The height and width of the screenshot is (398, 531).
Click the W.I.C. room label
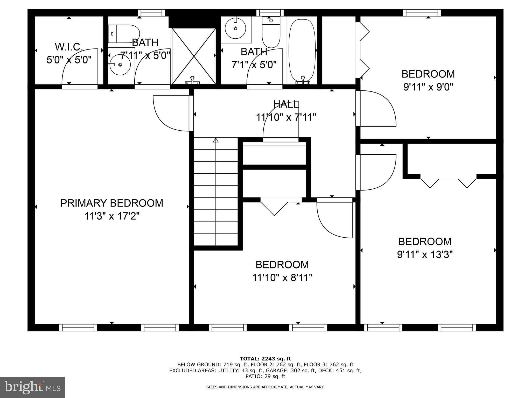click(69, 47)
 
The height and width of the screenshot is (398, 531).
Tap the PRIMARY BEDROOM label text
click(112, 203)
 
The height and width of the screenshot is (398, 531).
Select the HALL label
click(286, 104)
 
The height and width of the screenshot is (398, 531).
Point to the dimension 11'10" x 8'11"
click(282, 278)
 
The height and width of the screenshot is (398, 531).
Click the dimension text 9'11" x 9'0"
click(428, 87)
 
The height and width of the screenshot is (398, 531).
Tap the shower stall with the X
click(194, 56)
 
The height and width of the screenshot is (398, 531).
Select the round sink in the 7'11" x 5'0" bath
click(120, 65)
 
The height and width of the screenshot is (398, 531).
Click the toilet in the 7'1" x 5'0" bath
click(271, 32)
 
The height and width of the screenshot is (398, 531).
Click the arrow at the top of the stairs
click(216, 140)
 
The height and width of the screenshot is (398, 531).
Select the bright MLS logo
click(32, 387)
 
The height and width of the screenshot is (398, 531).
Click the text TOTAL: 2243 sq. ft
click(265, 359)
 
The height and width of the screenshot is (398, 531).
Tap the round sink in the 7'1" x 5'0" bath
click(235, 28)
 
